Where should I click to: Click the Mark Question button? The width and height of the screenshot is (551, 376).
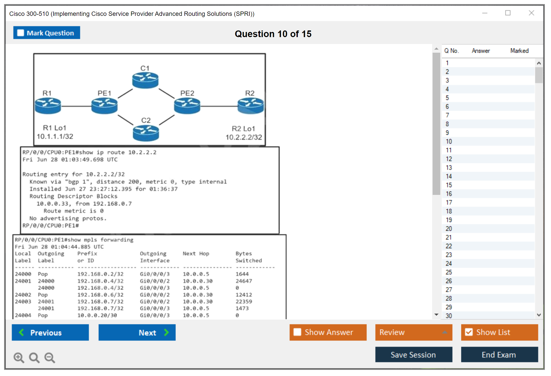47,33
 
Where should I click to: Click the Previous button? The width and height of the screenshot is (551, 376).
50,332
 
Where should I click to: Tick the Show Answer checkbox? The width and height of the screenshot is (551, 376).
297,332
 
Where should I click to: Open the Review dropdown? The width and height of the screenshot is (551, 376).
413,332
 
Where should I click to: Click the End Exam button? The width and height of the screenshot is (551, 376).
499,355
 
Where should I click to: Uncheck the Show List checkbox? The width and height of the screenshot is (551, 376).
469,332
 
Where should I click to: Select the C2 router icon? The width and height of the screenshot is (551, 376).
146,133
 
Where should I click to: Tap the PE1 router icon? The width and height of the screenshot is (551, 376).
104,106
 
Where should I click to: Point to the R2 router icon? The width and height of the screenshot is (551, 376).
250,106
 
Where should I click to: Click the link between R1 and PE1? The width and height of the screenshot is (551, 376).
76,106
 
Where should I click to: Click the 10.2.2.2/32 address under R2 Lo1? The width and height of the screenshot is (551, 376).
244,137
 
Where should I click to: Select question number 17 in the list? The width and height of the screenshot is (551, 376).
449,203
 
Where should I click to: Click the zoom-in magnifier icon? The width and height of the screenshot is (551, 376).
19,357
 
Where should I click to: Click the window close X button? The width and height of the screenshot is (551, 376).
531,13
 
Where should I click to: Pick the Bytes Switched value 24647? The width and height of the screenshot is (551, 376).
244,281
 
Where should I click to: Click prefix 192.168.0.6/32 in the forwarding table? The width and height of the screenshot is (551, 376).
100,295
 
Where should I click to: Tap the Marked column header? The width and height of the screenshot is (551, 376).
519,51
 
